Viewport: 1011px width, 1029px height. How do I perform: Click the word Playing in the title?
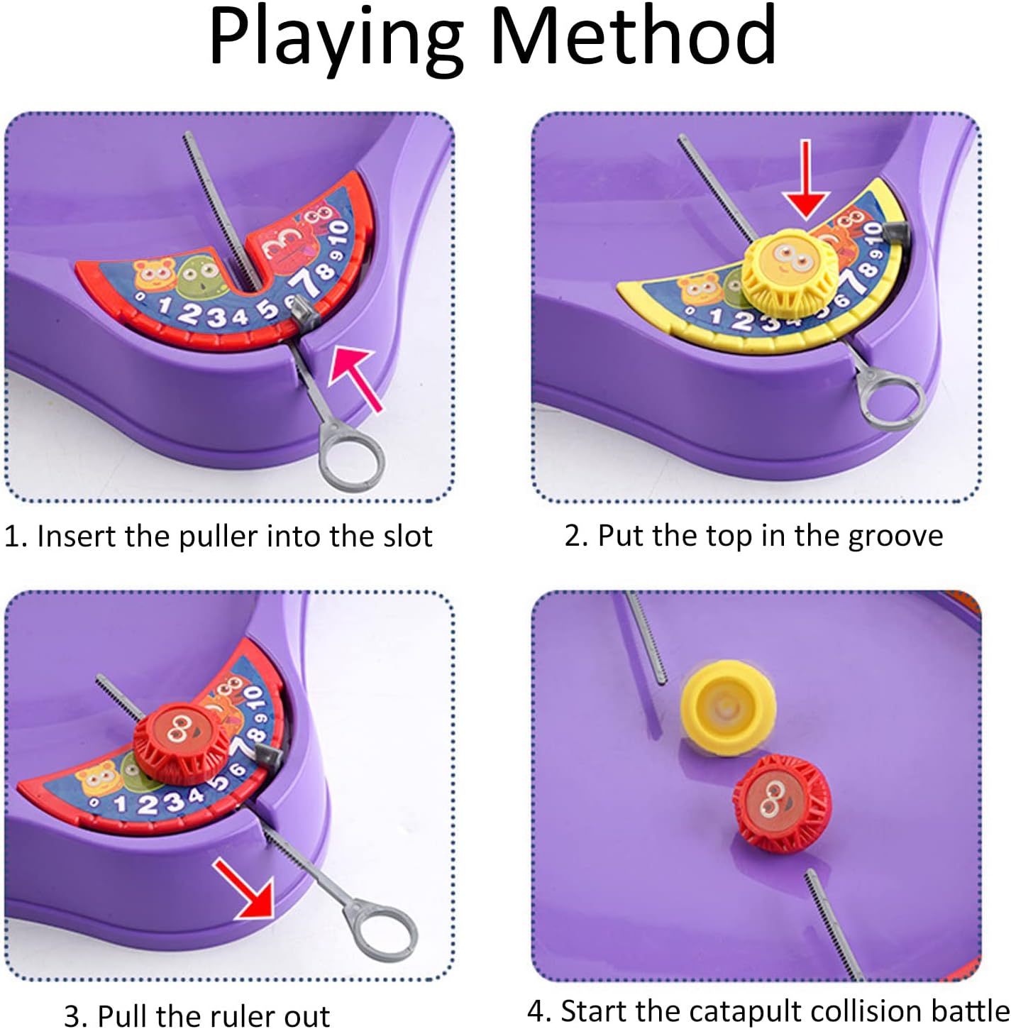(x=336, y=42)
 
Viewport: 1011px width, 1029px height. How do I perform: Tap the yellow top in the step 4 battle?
(x=727, y=707)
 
